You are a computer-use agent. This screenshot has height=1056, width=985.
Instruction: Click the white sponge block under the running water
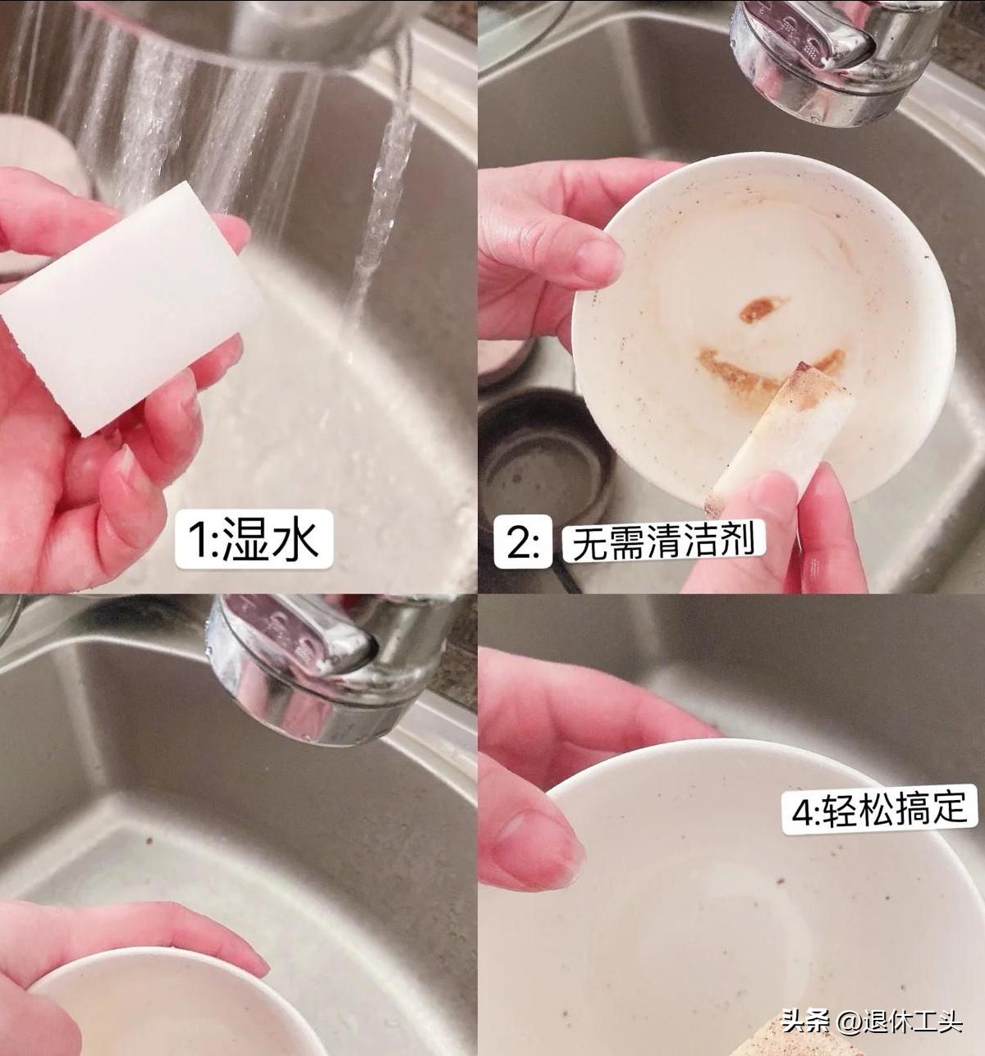click(x=131, y=312)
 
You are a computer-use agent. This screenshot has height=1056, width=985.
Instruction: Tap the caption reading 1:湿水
click(x=253, y=540)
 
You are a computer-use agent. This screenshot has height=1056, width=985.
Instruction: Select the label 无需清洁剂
click(x=662, y=542)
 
